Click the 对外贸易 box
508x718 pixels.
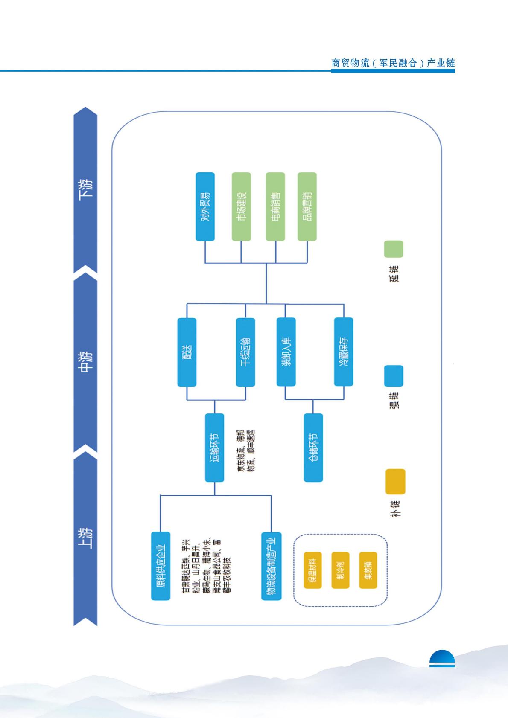click(205, 206)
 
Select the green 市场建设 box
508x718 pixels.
click(241, 206)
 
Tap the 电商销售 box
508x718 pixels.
click(275, 206)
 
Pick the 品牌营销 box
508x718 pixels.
click(307, 206)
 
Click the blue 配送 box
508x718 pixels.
click(187, 352)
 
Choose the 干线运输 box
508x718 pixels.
click(245, 352)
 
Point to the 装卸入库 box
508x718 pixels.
click(286, 352)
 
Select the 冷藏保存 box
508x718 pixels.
click(344, 352)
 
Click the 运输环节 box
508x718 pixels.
click(214, 448)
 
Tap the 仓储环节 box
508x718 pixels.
click(313, 448)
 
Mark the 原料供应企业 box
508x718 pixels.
click(161, 566)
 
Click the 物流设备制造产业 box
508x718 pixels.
click(271, 566)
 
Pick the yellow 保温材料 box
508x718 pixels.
click(312, 570)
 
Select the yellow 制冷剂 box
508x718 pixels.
click(340, 570)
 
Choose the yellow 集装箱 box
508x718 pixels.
click(368, 570)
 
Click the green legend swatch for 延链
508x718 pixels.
click(393, 249)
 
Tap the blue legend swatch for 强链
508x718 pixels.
click(393, 376)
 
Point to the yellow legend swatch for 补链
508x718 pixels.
click(395, 482)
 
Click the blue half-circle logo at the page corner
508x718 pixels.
click(442, 659)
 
